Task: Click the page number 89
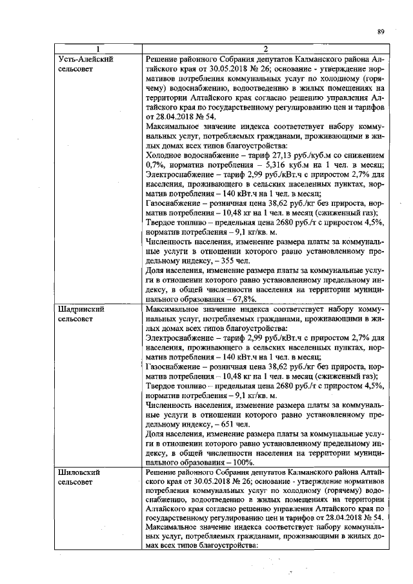point(380,30)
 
